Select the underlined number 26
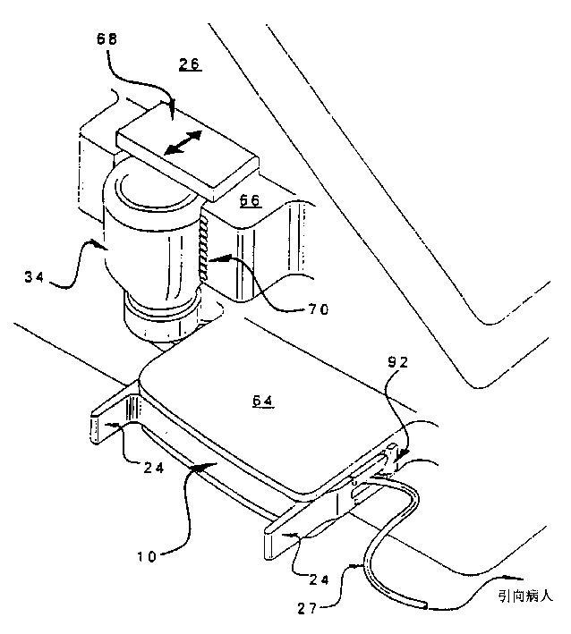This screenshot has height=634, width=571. tap(189, 64)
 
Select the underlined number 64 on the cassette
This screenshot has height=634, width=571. tap(262, 402)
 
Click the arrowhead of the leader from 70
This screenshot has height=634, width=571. tap(213, 262)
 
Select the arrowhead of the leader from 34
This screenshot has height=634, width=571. tap(105, 242)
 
